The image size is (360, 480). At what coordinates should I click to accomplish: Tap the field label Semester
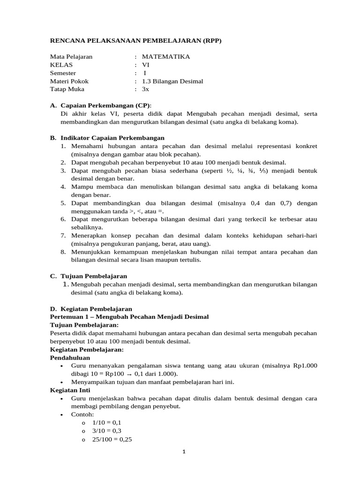63,73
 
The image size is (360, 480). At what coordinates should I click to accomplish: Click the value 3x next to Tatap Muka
145,89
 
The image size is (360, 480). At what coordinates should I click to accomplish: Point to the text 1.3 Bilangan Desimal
172,81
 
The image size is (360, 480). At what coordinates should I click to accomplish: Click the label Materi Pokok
69,81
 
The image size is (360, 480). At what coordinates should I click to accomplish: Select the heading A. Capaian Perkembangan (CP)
101,105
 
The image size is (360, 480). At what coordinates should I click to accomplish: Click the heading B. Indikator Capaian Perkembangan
107,138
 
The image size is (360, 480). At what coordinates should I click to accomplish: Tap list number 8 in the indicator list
63,252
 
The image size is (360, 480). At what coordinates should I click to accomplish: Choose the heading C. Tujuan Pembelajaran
89,276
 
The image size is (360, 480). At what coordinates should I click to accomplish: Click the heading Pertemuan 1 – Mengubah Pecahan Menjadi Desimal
129,317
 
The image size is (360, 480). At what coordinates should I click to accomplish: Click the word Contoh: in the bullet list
82,414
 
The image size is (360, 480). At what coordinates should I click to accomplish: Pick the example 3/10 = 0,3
100,430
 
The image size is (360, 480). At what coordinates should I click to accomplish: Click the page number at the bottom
184,452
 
